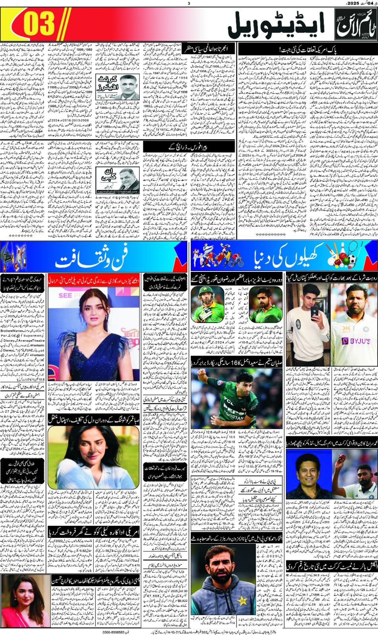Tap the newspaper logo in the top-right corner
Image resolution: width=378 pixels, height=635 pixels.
coord(355,25)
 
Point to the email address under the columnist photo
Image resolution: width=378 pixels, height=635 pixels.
coord(118,192)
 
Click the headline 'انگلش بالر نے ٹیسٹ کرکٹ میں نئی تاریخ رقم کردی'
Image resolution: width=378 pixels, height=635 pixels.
coord(332,566)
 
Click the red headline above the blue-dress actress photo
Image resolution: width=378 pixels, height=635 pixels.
coord(94,280)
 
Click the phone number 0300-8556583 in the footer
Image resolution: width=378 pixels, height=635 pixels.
coord(113,632)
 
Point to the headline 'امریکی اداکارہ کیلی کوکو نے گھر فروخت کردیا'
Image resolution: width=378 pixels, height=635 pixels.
coord(94,532)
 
